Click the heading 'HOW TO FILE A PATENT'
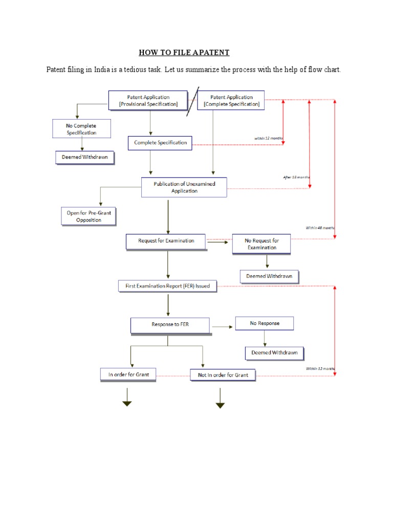click(x=184, y=52)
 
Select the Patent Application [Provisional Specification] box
click(x=148, y=100)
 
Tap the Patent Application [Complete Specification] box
click(x=231, y=100)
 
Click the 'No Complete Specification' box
click(x=81, y=129)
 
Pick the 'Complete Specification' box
click(x=160, y=143)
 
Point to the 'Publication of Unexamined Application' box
click(x=184, y=187)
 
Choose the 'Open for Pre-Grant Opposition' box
click(x=89, y=216)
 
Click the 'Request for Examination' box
click(x=166, y=241)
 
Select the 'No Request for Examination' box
click(x=261, y=244)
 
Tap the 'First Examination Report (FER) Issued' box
click(x=168, y=286)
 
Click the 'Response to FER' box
click(x=170, y=324)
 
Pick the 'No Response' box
click(x=265, y=323)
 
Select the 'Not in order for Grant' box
click(x=223, y=375)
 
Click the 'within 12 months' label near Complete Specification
click(x=269, y=138)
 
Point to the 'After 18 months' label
click(x=297, y=177)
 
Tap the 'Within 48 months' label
click(x=320, y=228)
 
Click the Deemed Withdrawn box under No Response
click(x=274, y=353)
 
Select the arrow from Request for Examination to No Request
click(x=219, y=243)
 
